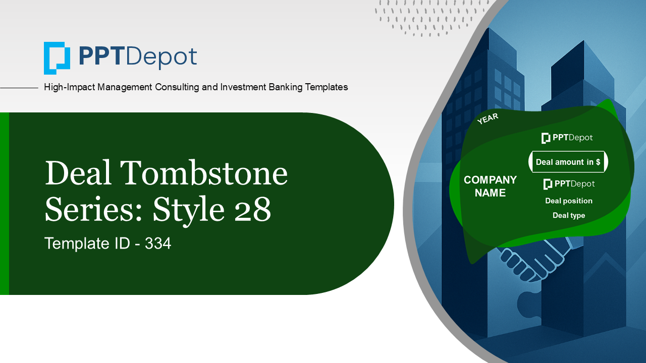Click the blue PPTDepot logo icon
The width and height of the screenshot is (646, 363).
pos(57,58)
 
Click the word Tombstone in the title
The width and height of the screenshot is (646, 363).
pos(204,172)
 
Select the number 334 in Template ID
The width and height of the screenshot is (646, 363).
pos(158,244)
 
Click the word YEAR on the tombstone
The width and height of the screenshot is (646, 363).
pos(488,118)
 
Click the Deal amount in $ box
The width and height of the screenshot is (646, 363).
pos(568,162)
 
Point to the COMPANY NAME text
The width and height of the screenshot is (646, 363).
pos(490,186)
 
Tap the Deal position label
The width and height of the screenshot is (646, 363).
pos(569,201)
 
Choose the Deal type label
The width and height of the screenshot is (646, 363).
pos(569,215)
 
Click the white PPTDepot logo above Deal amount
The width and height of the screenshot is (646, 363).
pos(567,138)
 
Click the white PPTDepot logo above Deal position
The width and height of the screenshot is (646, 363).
pos(569,184)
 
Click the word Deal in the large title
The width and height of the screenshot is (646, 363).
pos(78,172)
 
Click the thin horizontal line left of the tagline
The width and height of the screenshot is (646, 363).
pos(19,88)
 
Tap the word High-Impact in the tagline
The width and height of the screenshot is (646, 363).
pos(69,87)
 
